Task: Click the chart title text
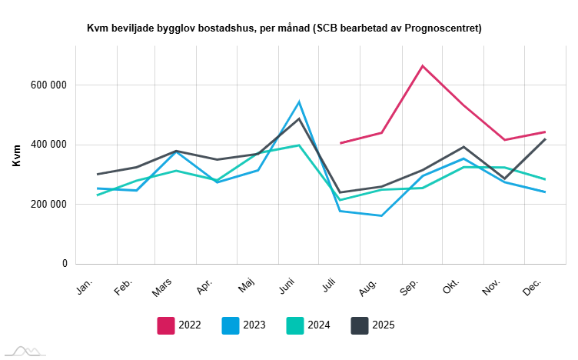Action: click(x=284, y=28)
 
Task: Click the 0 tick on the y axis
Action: click(x=65, y=264)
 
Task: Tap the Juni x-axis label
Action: click(x=287, y=287)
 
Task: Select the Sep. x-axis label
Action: click(x=409, y=287)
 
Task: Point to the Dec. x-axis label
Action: click(x=531, y=287)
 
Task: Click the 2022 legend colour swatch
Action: click(x=166, y=325)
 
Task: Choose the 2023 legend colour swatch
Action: click(x=231, y=325)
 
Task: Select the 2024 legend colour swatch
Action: click(x=295, y=325)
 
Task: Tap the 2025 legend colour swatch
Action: click(x=360, y=325)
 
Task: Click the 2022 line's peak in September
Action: click(x=422, y=65)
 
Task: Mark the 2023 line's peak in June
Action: click(x=299, y=102)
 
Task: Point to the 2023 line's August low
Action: click(x=381, y=215)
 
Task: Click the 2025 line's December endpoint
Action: click(x=545, y=138)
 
